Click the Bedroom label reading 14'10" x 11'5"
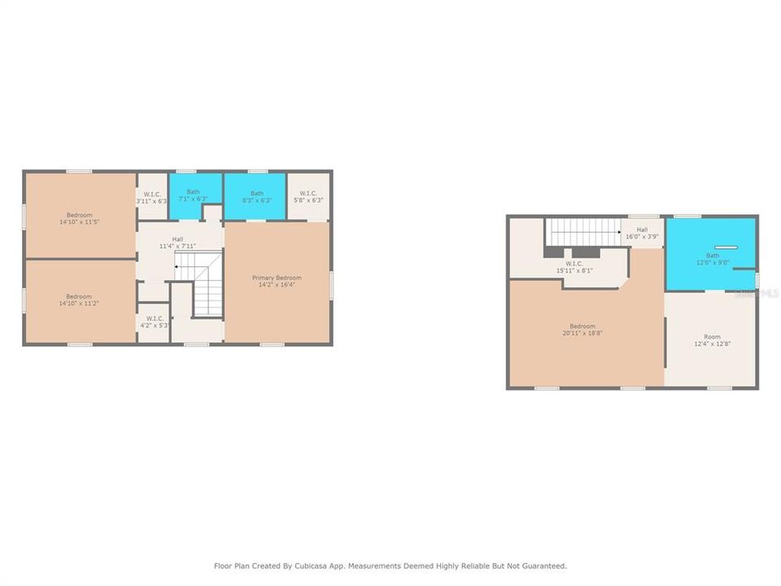click(x=79, y=218)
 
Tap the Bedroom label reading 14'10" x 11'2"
click(x=79, y=300)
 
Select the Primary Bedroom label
click(x=277, y=281)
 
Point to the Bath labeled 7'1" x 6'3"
click(x=193, y=195)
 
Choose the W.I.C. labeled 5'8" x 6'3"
click(x=309, y=196)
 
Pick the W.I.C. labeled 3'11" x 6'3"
click(x=152, y=197)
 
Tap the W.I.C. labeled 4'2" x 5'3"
click(x=153, y=321)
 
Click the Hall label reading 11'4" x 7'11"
click(x=177, y=242)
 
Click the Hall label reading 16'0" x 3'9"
click(x=642, y=234)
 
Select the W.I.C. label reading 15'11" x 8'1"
click(x=574, y=267)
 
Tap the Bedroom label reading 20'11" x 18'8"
click(x=582, y=330)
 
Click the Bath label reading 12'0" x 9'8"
click(x=713, y=259)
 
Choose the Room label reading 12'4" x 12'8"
click(x=712, y=340)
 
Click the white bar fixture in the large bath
click(x=726, y=247)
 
